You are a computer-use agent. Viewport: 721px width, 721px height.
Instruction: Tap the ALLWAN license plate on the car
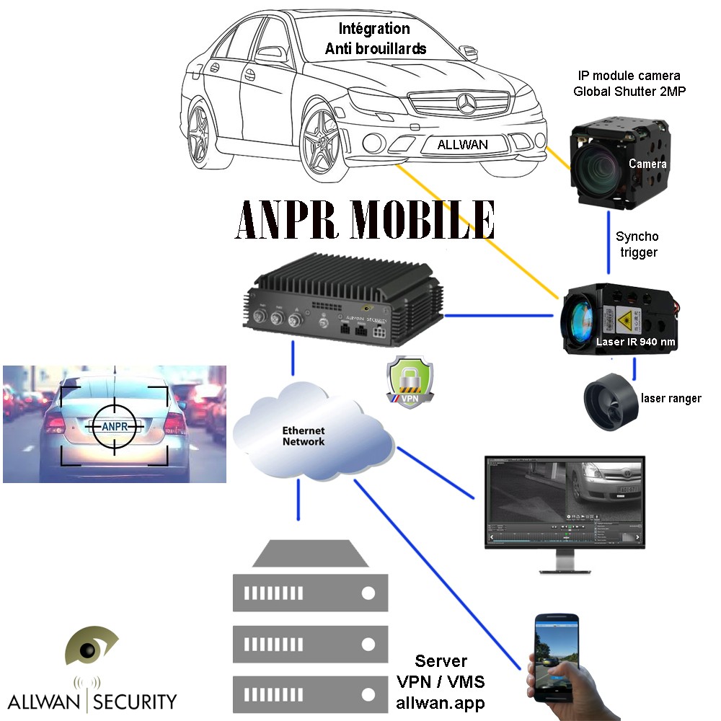click(462, 144)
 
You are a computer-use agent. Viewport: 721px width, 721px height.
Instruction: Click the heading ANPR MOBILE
click(365, 219)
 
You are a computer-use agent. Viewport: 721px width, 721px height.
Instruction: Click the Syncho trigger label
click(637, 244)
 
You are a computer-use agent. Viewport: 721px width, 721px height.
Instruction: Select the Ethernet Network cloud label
click(303, 436)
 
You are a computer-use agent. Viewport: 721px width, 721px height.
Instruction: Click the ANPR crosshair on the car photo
click(114, 426)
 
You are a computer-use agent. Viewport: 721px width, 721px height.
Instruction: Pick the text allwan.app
click(441, 701)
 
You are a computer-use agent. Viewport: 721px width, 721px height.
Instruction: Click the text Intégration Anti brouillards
click(375, 39)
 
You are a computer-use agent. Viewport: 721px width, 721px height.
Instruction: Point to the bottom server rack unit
click(311, 694)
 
